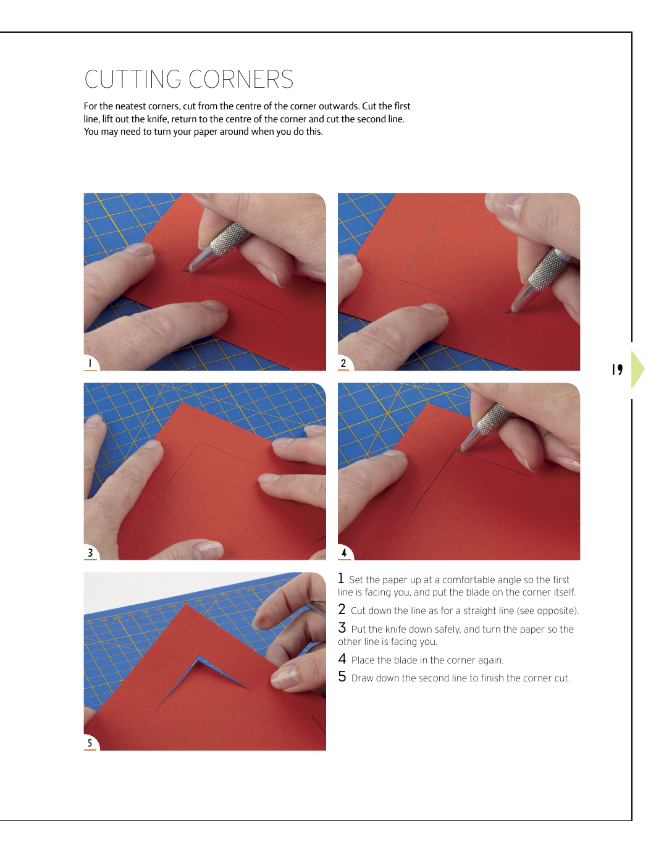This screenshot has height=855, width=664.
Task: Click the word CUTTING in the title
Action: tap(133, 79)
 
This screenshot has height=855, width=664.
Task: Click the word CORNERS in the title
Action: tap(241, 79)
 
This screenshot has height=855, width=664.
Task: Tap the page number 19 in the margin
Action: tap(617, 369)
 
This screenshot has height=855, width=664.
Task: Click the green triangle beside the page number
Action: tap(637, 369)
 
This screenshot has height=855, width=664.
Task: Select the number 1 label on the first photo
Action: tap(90, 363)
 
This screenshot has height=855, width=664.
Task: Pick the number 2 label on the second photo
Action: tap(343, 363)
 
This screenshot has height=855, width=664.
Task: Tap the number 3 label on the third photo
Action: tap(90, 552)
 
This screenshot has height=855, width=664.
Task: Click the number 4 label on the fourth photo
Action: tap(344, 552)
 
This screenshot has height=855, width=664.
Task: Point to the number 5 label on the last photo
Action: tap(90, 743)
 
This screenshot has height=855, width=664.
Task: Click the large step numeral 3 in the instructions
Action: tap(342, 628)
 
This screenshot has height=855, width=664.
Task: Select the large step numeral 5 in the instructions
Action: tap(342, 676)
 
